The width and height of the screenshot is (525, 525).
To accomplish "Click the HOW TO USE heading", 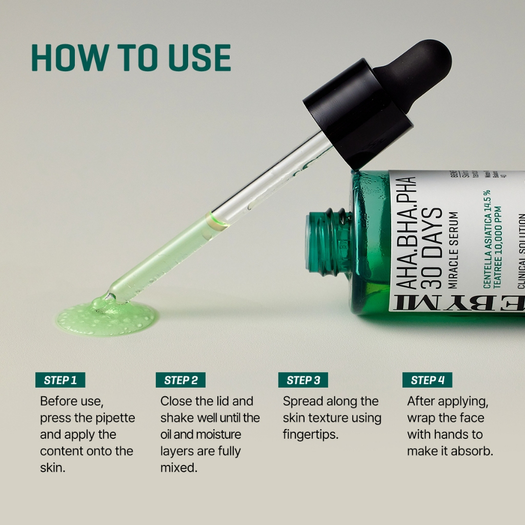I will (131, 57).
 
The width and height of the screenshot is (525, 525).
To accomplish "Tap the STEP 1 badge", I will (60, 380).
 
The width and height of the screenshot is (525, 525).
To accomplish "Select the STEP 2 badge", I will (180, 380).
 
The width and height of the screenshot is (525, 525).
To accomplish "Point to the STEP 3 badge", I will (303, 380).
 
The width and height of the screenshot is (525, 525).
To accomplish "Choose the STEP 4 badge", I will (427, 380).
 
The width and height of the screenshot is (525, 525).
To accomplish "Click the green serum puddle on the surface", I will (105, 317).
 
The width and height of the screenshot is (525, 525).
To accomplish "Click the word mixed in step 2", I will (178, 468).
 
